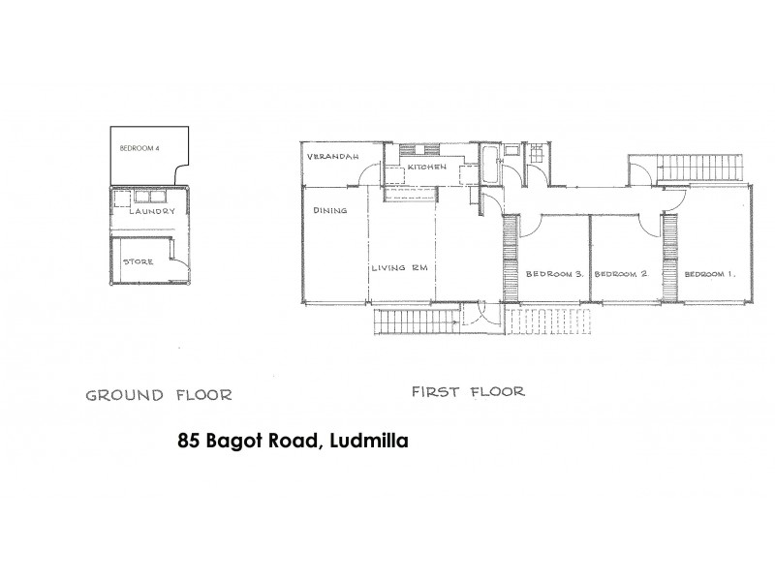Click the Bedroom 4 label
[x=139, y=148]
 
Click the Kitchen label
[x=426, y=168]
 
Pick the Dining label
[x=329, y=209]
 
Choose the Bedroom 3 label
[x=553, y=274]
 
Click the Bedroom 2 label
[x=620, y=274]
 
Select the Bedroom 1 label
[x=709, y=274]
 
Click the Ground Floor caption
[x=159, y=395]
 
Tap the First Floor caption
[x=468, y=392]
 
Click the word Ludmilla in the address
[x=367, y=441]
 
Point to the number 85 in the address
[x=189, y=441]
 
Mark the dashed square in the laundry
[x=123, y=197]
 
